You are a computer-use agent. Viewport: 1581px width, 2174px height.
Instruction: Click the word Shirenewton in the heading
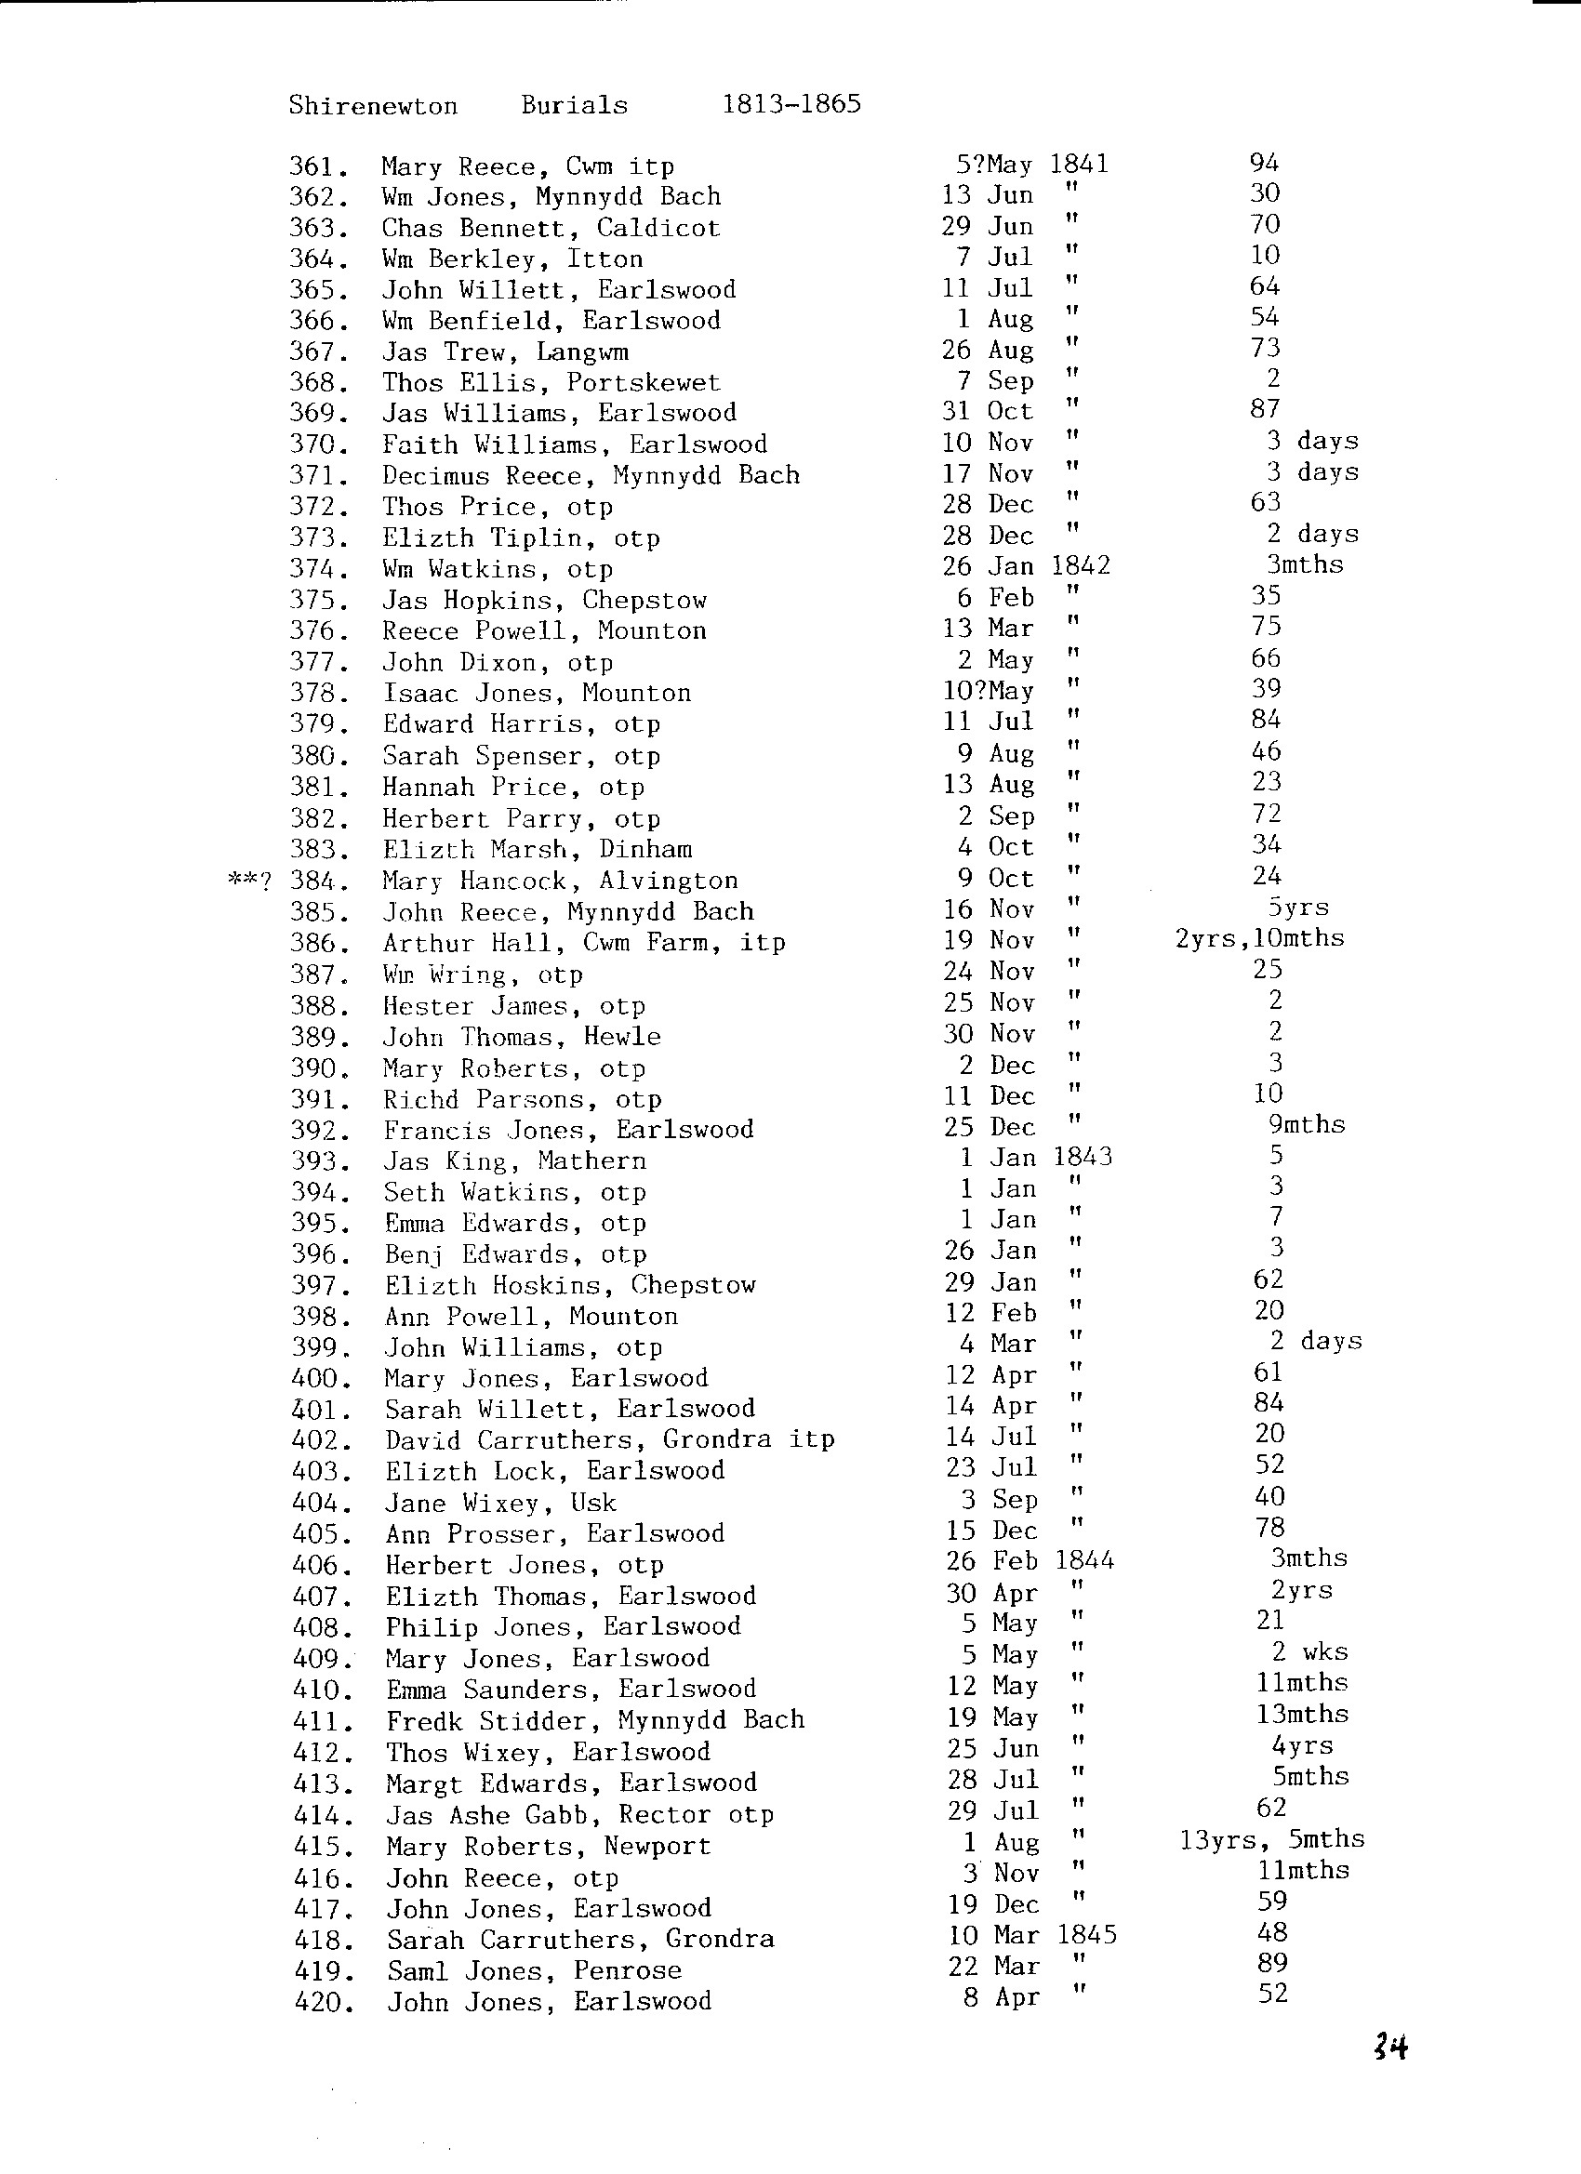(373, 105)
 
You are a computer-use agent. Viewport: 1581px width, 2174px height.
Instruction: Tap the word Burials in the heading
(575, 104)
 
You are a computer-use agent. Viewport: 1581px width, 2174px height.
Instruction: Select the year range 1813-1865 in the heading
(791, 103)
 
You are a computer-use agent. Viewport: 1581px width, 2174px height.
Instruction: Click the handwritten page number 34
(1389, 2048)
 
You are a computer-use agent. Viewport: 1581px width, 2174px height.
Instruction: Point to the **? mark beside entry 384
(249, 880)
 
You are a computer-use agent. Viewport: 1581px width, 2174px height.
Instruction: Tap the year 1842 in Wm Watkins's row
(1081, 565)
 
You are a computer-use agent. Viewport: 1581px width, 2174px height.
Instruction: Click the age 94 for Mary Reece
(1264, 163)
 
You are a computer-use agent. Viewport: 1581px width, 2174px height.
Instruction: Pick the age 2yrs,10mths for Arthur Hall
(1260, 938)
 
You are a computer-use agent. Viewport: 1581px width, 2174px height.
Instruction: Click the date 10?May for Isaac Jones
(988, 691)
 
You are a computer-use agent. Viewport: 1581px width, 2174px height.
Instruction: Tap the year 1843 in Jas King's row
(1083, 1157)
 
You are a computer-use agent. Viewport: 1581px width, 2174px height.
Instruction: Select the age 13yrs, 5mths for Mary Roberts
(1271, 1839)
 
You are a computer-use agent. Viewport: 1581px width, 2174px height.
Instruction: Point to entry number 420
(322, 2001)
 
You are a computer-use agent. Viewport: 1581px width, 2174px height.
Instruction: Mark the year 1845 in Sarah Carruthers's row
(1086, 1934)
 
